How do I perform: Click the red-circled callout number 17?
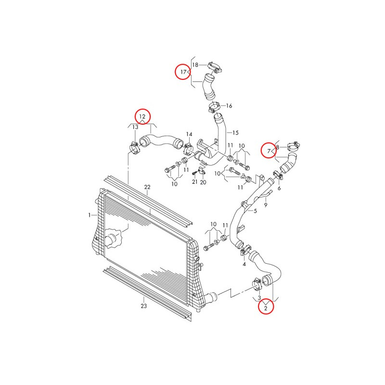(183, 72)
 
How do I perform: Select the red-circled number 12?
(142, 116)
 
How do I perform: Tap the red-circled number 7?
(269, 151)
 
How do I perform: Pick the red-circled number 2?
(266, 308)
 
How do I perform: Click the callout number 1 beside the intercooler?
(90, 215)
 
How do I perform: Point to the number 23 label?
(143, 306)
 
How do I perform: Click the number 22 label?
(147, 187)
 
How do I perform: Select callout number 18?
(195, 65)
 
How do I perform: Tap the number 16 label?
(229, 106)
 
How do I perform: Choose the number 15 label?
(235, 133)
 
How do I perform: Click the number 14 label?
(189, 134)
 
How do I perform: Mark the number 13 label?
(135, 127)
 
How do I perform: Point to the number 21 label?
(195, 182)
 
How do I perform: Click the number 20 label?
(203, 182)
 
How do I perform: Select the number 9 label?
(266, 205)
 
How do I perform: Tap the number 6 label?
(279, 188)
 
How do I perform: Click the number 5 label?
(256, 211)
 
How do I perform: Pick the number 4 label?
(244, 264)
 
